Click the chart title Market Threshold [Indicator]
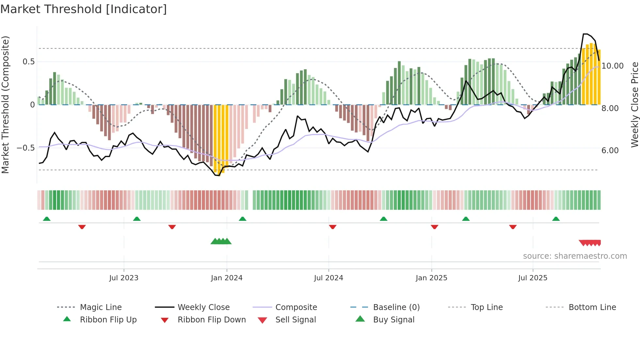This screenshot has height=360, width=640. click(x=84, y=9)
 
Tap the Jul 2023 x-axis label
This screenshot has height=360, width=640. click(x=124, y=278)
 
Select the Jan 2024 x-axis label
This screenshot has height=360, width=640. click(x=227, y=278)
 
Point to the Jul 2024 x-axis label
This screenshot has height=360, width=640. click(x=328, y=278)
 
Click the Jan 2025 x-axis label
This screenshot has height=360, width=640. click(x=431, y=278)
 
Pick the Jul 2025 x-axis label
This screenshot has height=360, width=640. click(x=533, y=278)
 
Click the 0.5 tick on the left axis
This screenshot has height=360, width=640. click(x=28, y=62)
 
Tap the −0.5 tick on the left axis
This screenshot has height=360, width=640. click(x=26, y=148)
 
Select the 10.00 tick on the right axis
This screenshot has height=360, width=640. click(x=613, y=66)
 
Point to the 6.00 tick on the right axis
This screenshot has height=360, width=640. click(x=610, y=151)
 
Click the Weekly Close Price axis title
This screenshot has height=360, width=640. click(x=634, y=105)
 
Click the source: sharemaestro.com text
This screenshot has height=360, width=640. click(x=575, y=256)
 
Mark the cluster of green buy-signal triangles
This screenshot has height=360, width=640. click(x=221, y=241)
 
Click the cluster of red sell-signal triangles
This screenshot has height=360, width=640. click(x=590, y=243)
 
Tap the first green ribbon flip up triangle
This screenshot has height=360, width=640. click(x=47, y=219)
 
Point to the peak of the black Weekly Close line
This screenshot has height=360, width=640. click(x=585, y=34)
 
